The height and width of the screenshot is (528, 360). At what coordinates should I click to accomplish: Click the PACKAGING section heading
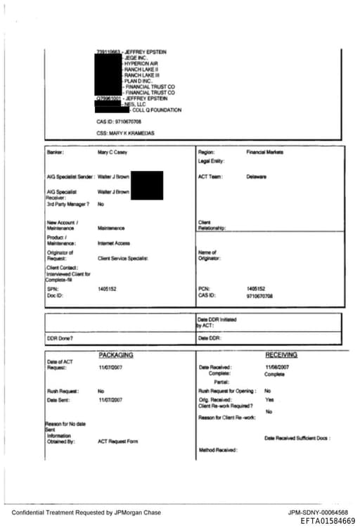click(115, 355)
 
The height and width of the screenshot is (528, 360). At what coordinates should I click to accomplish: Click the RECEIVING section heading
click(281, 355)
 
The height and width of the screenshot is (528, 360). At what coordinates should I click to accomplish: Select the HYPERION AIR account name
click(142, 63)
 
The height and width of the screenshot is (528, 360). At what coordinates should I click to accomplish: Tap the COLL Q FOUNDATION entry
click(156, 110)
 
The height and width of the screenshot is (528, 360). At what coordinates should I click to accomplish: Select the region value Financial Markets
click(264, 152)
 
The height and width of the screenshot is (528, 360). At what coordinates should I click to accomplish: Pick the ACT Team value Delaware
click(256, 176)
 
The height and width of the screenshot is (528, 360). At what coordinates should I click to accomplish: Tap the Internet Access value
click(111, 243)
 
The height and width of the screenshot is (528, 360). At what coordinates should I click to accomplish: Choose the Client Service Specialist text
click(123, 259)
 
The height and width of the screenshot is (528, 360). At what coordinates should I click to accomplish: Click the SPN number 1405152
click(107, 289)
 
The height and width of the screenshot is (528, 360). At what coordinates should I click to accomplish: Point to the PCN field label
click(204, 289)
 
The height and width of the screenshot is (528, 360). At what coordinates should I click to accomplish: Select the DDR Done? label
click(60, 339)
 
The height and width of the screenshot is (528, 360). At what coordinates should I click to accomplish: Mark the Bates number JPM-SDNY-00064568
click(318, 513)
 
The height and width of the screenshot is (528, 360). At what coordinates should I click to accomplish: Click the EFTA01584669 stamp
click(327, 521)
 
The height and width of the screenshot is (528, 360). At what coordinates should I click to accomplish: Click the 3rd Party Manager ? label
click(67, 204)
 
